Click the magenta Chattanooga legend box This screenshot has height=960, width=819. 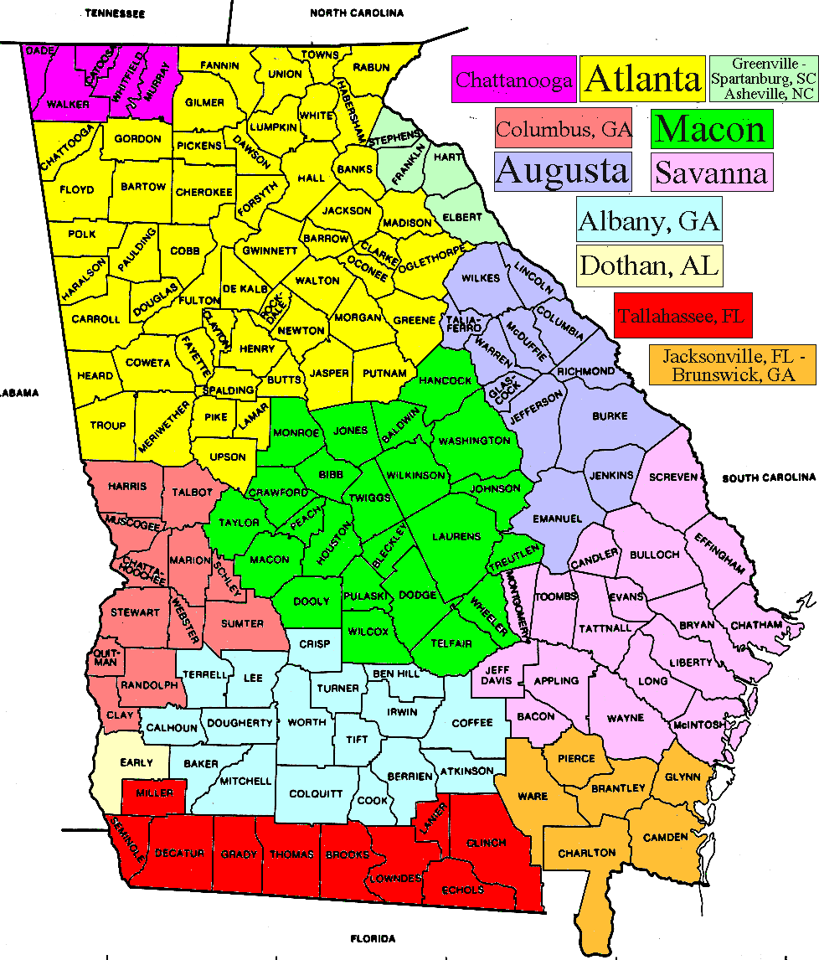pyautogui.click(x=514, y=80)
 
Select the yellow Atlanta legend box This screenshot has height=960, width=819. pyautogui.click(x=643, y=80)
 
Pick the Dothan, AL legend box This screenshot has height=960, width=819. pyautogui.click(x=650, y=266)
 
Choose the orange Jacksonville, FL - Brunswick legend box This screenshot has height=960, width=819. pyautogui.click(x=732, y=366)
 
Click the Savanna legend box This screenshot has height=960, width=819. pyautogui.click(x=711, y=173)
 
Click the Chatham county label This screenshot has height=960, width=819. pyautogui.click(x=756, y=625)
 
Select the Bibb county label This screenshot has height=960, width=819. pyautogui.click(x=331, y=474)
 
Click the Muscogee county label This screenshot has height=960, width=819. pyautogui.click(x=131, y=524)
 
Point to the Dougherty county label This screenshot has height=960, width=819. pyautogui.click(x=240, y=723)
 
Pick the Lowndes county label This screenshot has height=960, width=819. pyautogui.click(x=394, y=878)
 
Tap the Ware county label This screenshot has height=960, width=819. pyautogui.click(x=533, y=796)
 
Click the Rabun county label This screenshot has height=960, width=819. pyautogui.click(x=371, y=67)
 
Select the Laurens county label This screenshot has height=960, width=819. pyautogui.click(x=456, y=536)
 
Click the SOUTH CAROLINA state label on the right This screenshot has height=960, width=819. pyautogui.click(x=769, y=477)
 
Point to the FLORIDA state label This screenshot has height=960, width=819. pyautogui.click(x=373, y=938)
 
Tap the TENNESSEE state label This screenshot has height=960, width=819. pyautogui.click(x=115, y=14)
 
